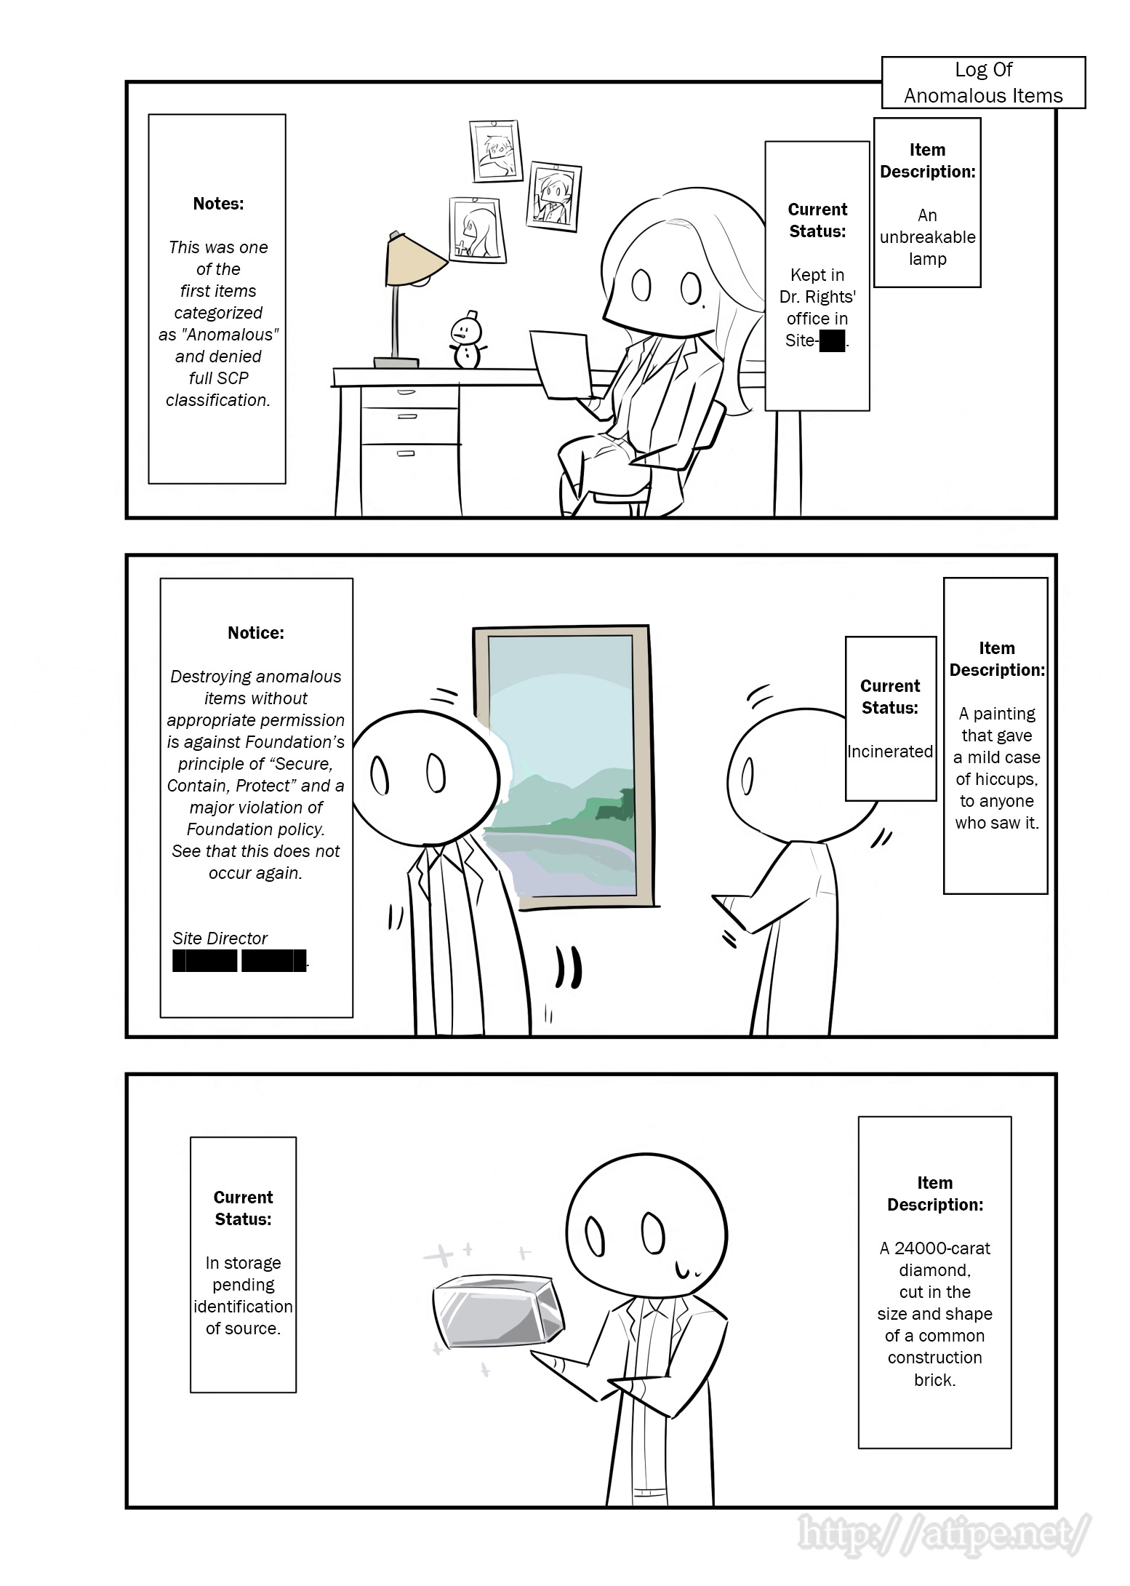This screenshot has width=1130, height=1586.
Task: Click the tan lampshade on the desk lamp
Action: pyautogui.click(x=414, y=260)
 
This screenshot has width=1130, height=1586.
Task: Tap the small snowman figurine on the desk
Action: pyautogui.click(x=466, y=339)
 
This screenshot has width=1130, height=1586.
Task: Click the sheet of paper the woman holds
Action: pyautogui.click(x=558, y=364)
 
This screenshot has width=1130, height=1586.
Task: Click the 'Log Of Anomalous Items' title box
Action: pyautogui.click(x=983, y=82)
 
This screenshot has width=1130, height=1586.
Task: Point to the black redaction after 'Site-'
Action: pyautogui.click(x=832, y=340)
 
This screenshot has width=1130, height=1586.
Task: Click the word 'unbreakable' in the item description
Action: pyautogui.click(x=927, y=237)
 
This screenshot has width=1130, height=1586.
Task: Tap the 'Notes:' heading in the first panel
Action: pyautogui.click(x=218, y=204)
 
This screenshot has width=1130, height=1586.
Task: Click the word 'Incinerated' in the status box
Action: pyautogui.click(x=890, y=752)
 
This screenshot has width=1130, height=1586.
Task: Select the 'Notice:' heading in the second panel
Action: pyautogui.click(x=256, y=633)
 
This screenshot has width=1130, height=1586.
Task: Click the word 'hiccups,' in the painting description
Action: pyautogui.click(x=997, y=779)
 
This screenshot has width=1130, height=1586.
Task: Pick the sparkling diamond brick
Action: pyautogui.click(x=499, y=1311)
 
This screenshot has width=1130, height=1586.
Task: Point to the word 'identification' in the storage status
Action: pyautogui.click(x=243, y=1307)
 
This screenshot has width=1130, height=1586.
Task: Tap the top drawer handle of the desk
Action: pyautogui.click(x=406, y=392)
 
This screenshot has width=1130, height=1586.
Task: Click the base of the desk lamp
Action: pyautogui.click(x=396, y=362)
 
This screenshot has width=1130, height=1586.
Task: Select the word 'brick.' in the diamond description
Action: pyautogui.click(x=935, y=1379)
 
